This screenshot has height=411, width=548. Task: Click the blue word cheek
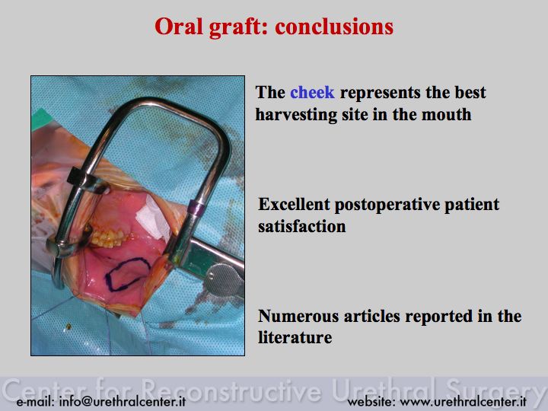[x=312, y=93]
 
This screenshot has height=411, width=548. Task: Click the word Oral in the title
[x=177, y=27]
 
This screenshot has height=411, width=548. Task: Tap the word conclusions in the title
[x=334, y=27]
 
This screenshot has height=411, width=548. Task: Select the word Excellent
[x=294, y=205]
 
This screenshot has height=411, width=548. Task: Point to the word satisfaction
[x=302, y=227]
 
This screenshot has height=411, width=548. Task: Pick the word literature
[x=295, y=338]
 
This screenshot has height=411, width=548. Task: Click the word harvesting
[x=296, y=115]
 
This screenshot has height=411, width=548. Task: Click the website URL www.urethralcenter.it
[x=463, y=402]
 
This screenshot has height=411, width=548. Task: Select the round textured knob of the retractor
[x=223, y=280]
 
